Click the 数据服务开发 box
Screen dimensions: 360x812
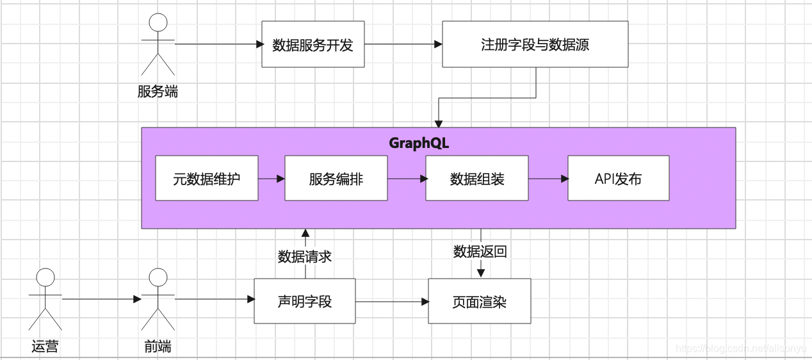[313, 44]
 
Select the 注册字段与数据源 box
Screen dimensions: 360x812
[535, 44]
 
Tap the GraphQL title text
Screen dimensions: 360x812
[419, 143]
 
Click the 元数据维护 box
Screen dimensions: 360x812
[206, 179]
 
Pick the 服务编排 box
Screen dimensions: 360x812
[336, 179]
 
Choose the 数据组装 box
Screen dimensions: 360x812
[477, 179]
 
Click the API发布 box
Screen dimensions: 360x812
[618, 179]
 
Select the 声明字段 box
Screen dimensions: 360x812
[305, 301]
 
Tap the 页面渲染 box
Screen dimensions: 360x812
[480, 301]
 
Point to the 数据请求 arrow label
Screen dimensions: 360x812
[305, 256]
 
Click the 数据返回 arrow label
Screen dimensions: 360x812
[480, 252]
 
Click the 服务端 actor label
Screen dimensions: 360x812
[158, 92]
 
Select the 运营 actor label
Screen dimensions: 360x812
[45, 347]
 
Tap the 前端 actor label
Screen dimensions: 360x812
[158, 347]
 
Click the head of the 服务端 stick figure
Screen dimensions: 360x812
[158, 22]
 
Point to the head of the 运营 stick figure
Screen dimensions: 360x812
[45, 277]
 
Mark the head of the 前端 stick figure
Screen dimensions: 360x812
[158, 277]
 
